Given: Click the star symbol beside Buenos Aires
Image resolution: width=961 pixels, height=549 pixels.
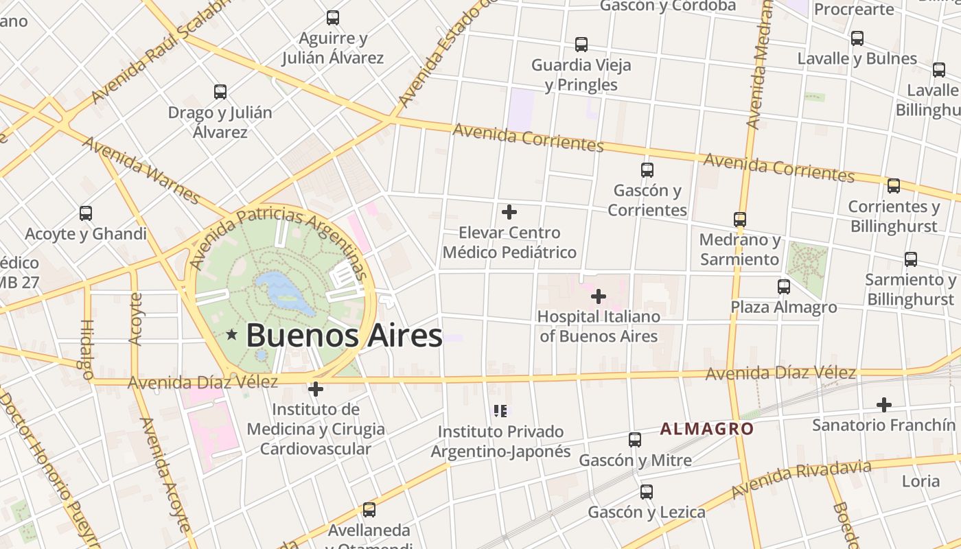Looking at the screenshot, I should pos(232,335).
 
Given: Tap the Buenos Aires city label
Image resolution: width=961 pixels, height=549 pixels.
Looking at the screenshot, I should pos(343,336).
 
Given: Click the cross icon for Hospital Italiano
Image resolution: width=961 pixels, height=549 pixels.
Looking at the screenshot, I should pos(599,296).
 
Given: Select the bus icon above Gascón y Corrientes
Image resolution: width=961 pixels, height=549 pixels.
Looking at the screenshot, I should pos(647,170).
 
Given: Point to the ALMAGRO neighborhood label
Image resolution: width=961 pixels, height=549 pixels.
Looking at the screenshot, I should pos(706,430).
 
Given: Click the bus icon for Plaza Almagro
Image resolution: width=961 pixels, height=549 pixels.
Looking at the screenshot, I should pos(783,286).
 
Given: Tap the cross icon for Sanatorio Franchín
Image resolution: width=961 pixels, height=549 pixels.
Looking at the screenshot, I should pos(883,404).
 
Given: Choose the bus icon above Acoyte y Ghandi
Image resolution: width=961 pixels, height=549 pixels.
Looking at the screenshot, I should pos(86,213).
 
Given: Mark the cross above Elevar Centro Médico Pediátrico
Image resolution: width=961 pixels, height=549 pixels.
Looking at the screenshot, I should pos(509,212).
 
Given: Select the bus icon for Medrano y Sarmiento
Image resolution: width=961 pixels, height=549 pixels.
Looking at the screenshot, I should pos(740,220).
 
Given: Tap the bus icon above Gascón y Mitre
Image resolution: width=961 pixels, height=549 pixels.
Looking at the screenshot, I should pos(635,439).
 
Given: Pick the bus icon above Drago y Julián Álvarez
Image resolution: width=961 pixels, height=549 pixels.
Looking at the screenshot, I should pos(220,91).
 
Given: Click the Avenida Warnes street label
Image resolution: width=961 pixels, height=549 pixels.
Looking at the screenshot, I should pos(140,170).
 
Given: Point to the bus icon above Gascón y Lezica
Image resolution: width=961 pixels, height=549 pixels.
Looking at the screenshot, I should pos(646,491).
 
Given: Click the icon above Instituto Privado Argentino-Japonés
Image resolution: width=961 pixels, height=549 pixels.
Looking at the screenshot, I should pos(500,411).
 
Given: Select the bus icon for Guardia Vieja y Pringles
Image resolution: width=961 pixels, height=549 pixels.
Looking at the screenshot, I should pos(581,45).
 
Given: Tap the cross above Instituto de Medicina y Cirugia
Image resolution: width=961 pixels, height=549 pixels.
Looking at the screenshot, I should pos(316,389).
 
